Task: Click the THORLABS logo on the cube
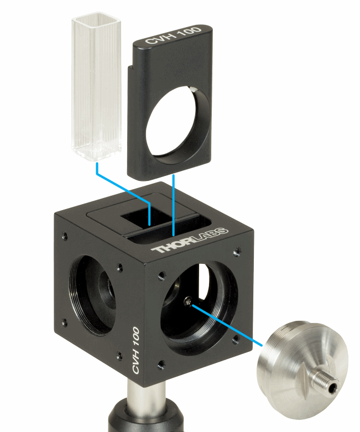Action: (190, 240)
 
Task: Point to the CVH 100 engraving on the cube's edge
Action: (136, 350)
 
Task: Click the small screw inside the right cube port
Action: (188, 301)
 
